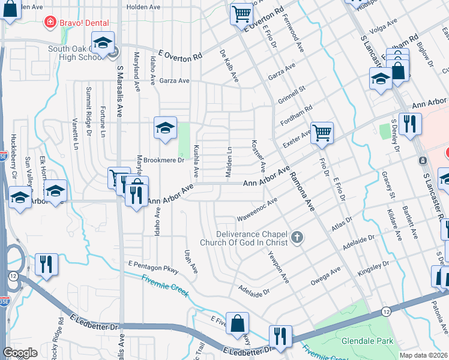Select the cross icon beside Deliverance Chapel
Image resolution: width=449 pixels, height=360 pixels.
click(x=297, y=239)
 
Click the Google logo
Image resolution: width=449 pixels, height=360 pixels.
click(x=20, y=353)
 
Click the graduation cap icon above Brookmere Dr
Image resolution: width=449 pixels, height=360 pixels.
click(x=165, y=127)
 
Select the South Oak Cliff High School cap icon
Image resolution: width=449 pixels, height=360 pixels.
click(x=103, y=43)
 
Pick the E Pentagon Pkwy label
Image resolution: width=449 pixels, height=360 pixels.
click(x=153, y=267)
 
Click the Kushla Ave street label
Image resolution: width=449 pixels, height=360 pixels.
click(x=196, y=161)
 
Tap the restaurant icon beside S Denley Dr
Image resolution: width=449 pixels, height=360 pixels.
click(x=410, y=123)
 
